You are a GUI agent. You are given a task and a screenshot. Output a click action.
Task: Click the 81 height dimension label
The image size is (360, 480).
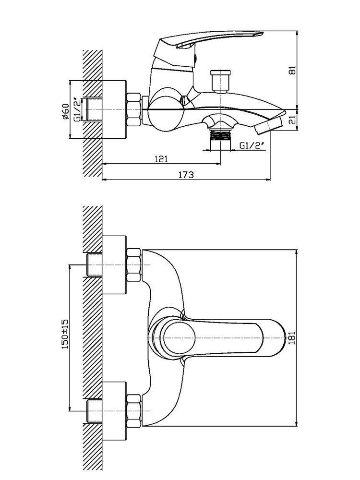[x=293, y=70]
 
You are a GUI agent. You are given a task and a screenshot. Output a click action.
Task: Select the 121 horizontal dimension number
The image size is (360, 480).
[x=161, y=159]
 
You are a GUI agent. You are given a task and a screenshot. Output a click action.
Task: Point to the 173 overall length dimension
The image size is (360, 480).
[x=186, y=175]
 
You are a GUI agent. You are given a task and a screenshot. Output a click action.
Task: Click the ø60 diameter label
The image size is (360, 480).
[x=65, y=111]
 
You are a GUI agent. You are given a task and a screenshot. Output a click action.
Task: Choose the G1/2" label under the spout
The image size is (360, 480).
[x=252, y=146]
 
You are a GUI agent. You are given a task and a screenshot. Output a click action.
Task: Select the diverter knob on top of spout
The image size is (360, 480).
[x=220, y=81]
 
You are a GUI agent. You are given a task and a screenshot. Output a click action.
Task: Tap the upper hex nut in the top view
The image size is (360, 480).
[x=134, y=265]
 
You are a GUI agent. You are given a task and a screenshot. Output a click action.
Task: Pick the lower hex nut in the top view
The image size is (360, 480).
[x=134, y=411]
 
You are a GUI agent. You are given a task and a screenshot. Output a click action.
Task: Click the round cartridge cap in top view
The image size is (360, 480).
[x=180, y=337]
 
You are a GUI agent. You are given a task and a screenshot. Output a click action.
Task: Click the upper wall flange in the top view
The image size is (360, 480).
[x=114, y=265]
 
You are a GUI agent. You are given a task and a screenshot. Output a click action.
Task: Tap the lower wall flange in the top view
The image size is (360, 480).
[x=114, y=411]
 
